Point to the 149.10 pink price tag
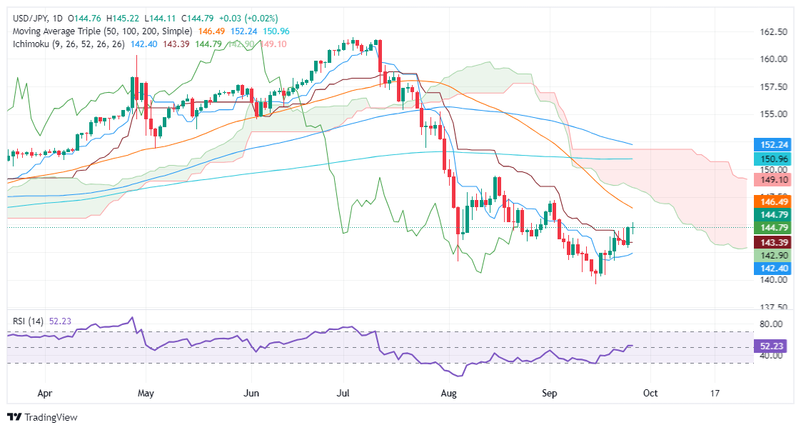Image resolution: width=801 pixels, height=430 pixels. (x=772, y=181)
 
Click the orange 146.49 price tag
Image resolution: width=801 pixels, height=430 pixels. (x=772, y=204)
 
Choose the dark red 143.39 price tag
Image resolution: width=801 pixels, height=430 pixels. (x=772, y=242)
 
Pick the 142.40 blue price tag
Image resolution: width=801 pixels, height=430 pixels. (x=772, y=269)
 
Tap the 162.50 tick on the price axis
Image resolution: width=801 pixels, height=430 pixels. (x=772, y=32)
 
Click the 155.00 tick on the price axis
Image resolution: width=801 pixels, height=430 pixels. (x=772, y=114)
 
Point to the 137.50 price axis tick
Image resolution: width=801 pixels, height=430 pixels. (x=772, y=307)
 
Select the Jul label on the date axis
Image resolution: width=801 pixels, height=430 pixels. (x=343, y=393)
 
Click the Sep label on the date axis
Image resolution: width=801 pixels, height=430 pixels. (x=550, y=393)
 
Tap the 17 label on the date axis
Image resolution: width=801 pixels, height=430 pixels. (x=715, y=393)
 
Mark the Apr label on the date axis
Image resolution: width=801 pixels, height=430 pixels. (x=44, y=393)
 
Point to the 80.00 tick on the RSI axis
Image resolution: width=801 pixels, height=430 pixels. (x=772, y=324)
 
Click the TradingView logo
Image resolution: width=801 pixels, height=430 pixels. (x=42, y=417)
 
